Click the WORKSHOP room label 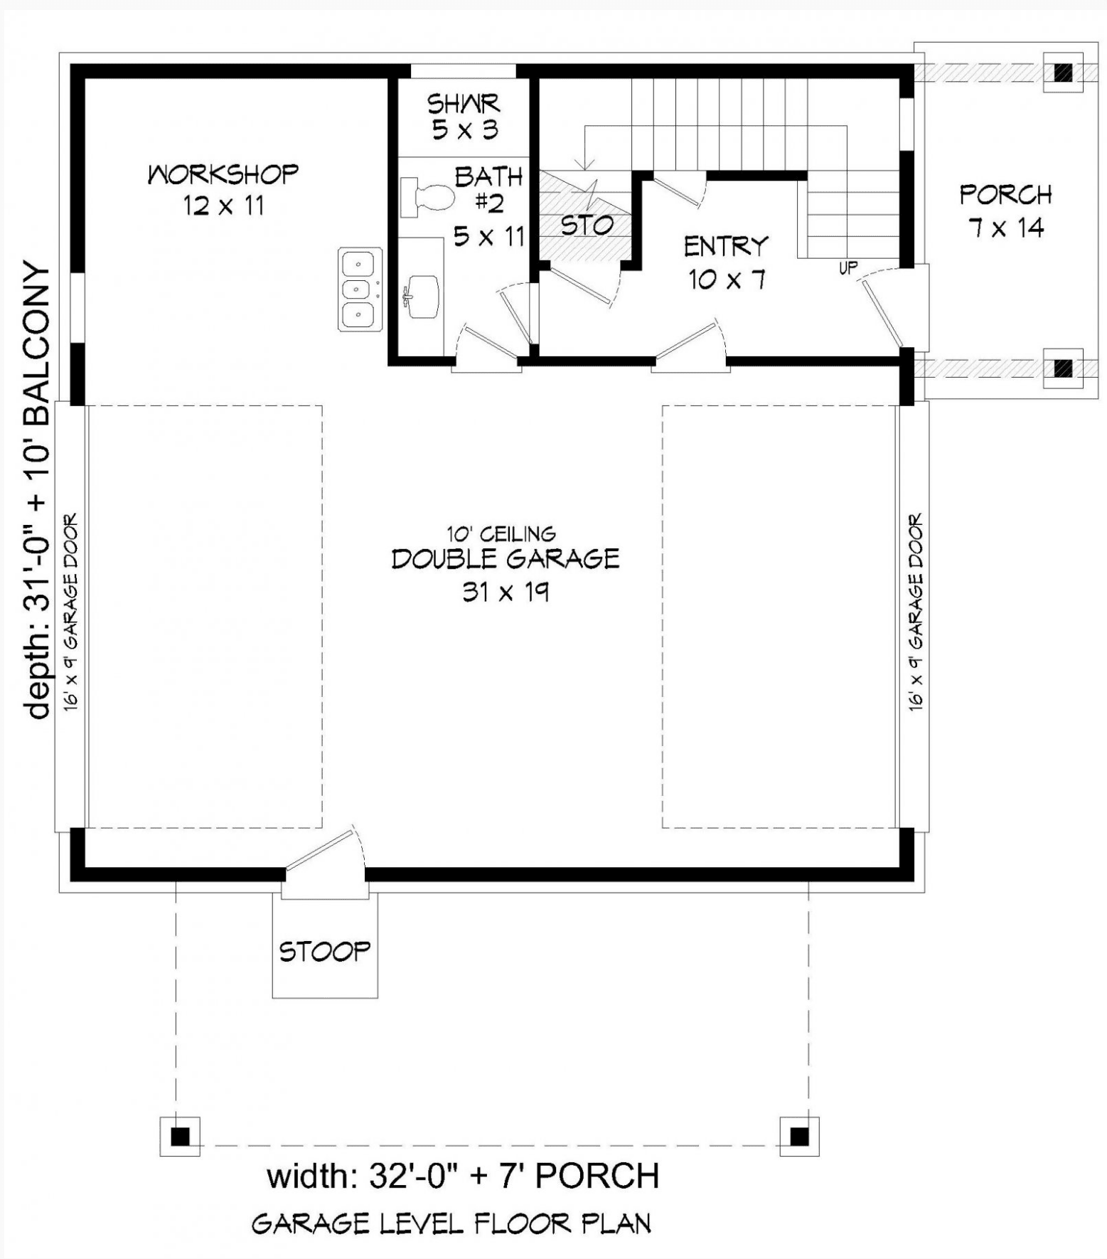(x=223, y=174)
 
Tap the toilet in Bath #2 (x=427, y=197)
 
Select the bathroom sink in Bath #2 (x=421, y=297)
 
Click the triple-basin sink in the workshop (x=360, y=289)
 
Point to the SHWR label (x=464, y=104)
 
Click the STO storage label (x=587, y=225)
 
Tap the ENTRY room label (x=726, y=247)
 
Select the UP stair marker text (x=848, y=268)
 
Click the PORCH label (x=1005, y=195)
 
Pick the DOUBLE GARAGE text (x=506, y=559)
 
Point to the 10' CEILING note (x=501, y=533)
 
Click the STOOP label (x=325, y=951)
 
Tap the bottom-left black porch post (x=181, y=1137)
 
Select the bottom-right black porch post (x=799, y=1137)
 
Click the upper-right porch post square (x=1063, y=72)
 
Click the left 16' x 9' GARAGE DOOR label (x=70, y=612)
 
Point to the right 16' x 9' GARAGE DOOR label (x=915, y=612)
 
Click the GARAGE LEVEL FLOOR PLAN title (x=451, y=1223)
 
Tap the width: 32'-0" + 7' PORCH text (x=463, y=1176)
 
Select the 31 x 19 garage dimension (x=506, y=592)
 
